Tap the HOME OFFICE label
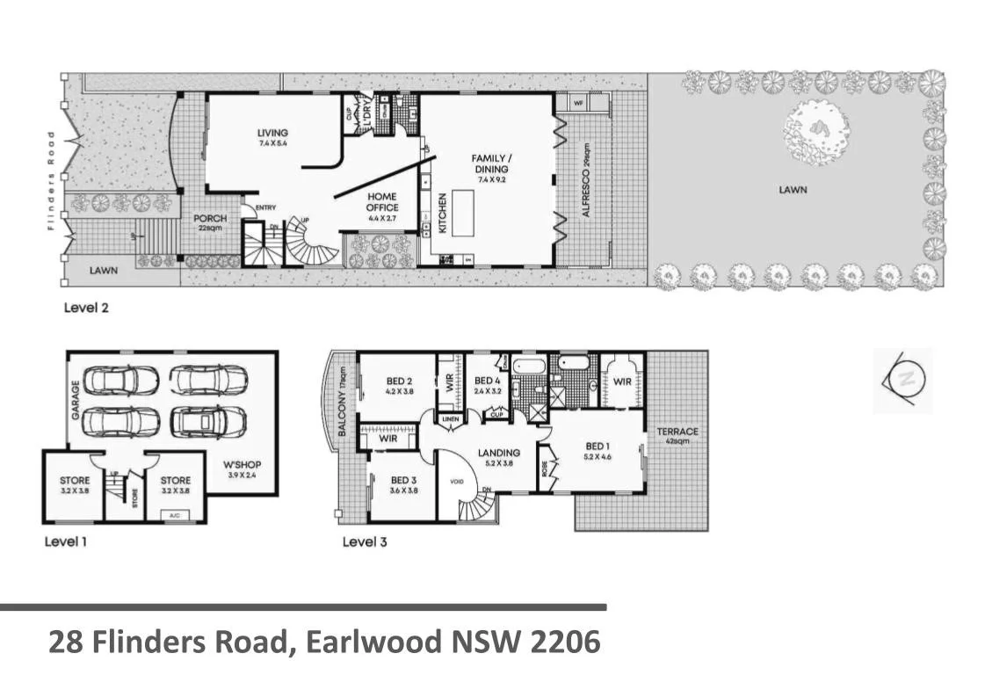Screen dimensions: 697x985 pyautogui.click(x=382, y=202)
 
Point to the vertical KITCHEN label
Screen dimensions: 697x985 pyautogui.click(x=443, y=213)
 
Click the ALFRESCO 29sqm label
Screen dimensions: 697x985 pyautogui.click(x=585, y=180)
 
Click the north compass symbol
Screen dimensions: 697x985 pyautogui.click(x=903, y=380)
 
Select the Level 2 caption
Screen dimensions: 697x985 pyautogui.click(x=86, y=309)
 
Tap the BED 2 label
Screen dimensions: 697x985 pyautogui.click(x=400, y=386)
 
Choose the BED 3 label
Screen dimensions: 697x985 pyautogui.click(x=402, y=485)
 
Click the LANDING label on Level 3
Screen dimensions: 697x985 pyautogui.click(x=499, y=458)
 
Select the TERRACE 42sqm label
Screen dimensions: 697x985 pyautogui.click(x=677, y=436)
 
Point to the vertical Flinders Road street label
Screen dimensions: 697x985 pyautogui.click(x=51, y=180)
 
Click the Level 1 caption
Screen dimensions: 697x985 pyautogui.click(x=66, y=541)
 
